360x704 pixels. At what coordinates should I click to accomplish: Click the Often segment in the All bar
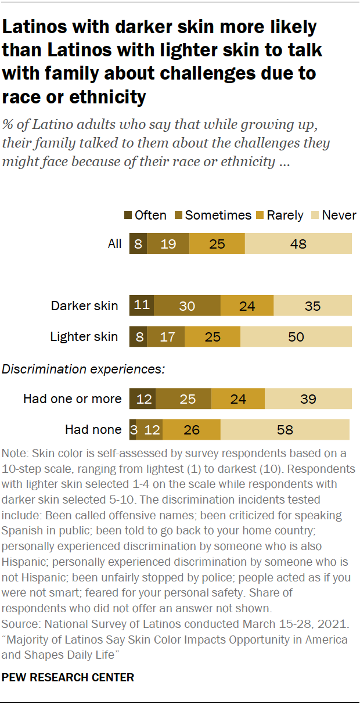pyautogui.click(x=138, y=243)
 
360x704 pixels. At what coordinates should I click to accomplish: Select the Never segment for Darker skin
pyautogui.click(x=312, y=305)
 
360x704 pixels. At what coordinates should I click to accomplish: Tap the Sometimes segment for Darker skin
pyautogui.click(x=187, y=305)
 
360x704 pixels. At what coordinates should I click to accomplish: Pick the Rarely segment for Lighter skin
pyautogui.click(x=213, y=336)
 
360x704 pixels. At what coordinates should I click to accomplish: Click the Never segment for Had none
pyautogui.click(x=285, y=430)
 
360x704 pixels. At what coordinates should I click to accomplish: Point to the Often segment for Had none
pyautogui.click(x=132, y=430)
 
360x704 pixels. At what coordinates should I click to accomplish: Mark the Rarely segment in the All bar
pyautogui.click(x=217, y=243)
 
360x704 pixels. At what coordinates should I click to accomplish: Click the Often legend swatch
pyautogui.click(x=128, y=215)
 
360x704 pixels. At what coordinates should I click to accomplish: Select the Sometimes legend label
pyautogui.click(x=218, y=215)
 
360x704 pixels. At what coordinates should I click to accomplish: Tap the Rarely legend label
pyautogui.click(x=285, y=215)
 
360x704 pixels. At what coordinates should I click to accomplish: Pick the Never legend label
pyautogui.click(x=339, y=215)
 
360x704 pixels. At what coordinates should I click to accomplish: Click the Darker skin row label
pyautogui.click(x=84, y=306)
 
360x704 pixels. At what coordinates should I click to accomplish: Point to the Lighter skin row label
pyautogui.click(x=84, y=336)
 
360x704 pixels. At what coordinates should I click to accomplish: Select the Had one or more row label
pyautogui.click(x=73, y=399)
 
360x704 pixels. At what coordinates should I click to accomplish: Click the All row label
pyautogui.click(x=115, y=243)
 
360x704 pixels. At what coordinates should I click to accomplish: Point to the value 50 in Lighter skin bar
pyautogui.click(x=296, y=336)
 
